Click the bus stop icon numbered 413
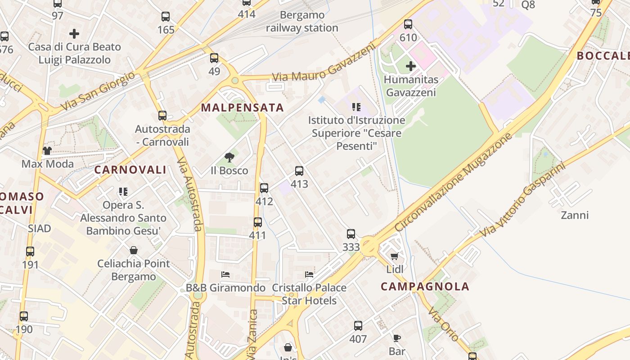[299, 171]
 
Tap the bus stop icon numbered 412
[264, 188]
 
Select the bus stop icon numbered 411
[257, 222]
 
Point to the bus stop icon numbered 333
[351, 234]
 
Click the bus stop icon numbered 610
[408, 24]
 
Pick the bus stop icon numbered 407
[358, 326]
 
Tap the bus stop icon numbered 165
[166, 17]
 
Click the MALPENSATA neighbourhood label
[242, 108]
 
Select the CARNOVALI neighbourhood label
[130, 170]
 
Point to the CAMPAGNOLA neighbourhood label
[425, 287]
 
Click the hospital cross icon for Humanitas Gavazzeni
[410, 67]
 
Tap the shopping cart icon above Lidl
[395, 256]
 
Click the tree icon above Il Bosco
[229, 157]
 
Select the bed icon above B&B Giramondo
[225, 274]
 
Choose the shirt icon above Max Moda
[47, 151]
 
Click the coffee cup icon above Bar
[396, 338]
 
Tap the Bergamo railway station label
[302, 22]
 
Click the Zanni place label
[575, 215]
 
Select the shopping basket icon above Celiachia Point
[134, 250]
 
